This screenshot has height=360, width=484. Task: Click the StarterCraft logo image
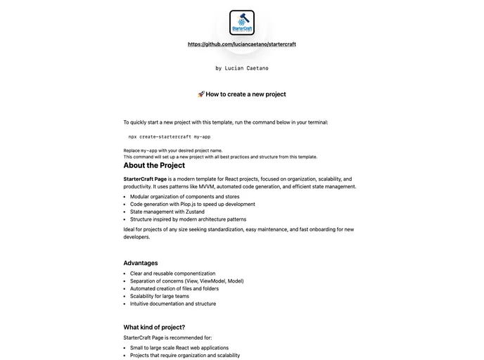[x=242, y=22]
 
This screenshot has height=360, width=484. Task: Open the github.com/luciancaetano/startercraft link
[x=242, y=44]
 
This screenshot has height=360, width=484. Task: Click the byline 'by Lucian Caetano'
[x=242, y=68]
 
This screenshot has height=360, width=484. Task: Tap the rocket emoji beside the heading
[x=200, y=94]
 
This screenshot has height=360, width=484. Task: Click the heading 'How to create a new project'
[x=246, y=94]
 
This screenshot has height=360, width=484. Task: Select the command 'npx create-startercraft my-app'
[x=169, y=136]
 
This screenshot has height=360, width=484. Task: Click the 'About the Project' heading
[x=154, y=166]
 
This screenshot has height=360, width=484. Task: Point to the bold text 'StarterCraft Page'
[x=145, y=179]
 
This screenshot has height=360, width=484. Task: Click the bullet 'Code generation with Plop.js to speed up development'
[x=192, y=205]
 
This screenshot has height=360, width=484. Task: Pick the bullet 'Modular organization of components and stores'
[x=184, y=197]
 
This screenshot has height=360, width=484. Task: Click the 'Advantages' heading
[x=141, y=263]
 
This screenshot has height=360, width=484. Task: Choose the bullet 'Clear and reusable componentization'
[x=172, y=274]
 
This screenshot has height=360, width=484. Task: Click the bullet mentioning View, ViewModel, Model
[x=186, y=281]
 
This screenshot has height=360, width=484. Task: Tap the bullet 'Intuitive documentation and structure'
[x=173, y=304]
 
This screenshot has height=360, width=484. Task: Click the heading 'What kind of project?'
[x=154, y=327]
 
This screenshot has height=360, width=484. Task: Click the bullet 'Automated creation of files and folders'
[x=174, y=289]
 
